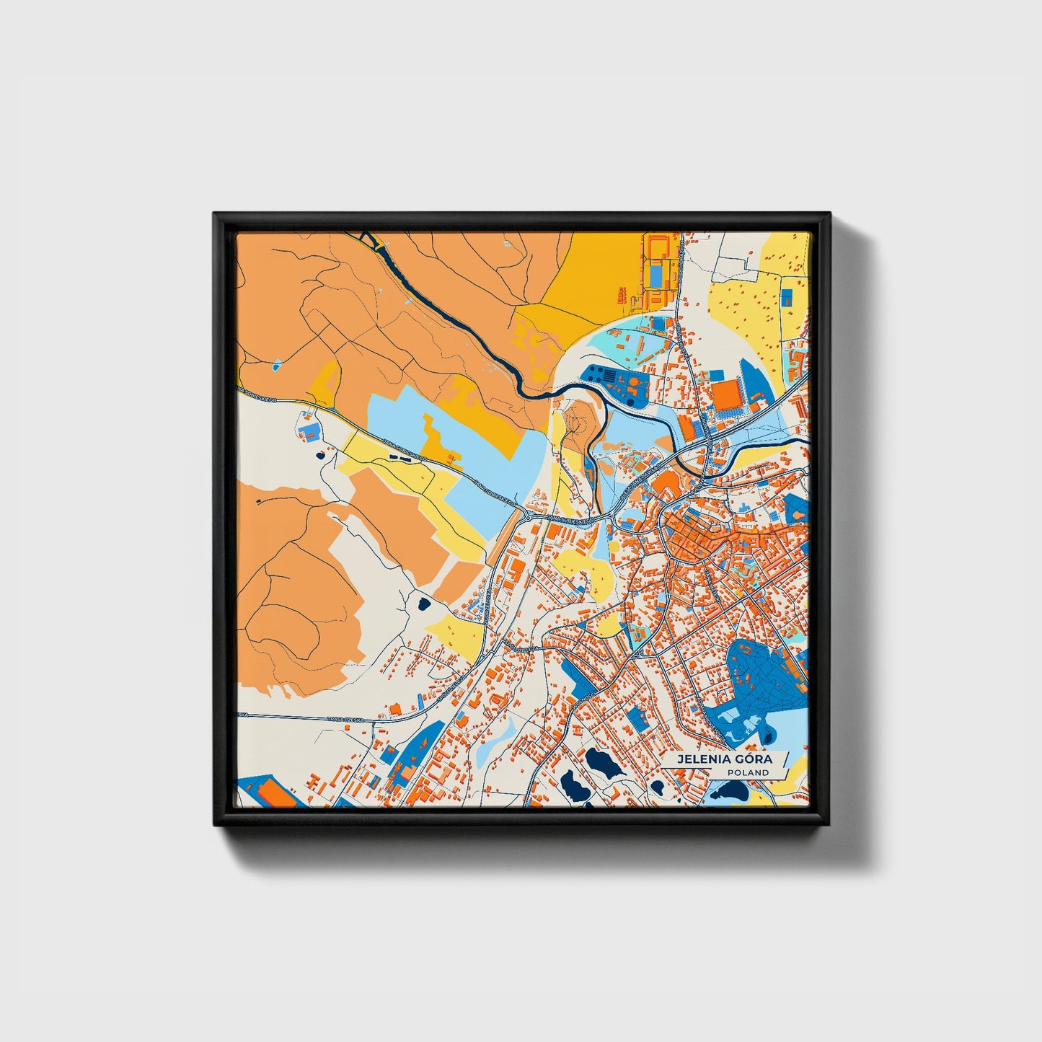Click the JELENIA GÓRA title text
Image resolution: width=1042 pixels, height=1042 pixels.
tap(723, 759)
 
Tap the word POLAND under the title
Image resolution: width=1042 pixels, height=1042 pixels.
tap(748, 772)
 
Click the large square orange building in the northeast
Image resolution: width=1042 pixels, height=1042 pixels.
tap(726, 395)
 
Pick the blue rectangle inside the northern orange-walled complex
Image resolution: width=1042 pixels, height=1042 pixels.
tap(656, 274)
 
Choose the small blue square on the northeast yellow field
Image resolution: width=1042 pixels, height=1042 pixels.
tap(787, 296)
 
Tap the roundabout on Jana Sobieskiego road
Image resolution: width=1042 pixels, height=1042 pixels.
tap(528, 517)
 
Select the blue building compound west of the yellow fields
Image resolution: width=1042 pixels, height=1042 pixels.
tap(308, 431)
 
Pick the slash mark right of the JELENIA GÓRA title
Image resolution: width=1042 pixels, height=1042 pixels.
tap(784, 759)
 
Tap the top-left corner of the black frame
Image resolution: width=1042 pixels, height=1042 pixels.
tap(215, 214)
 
